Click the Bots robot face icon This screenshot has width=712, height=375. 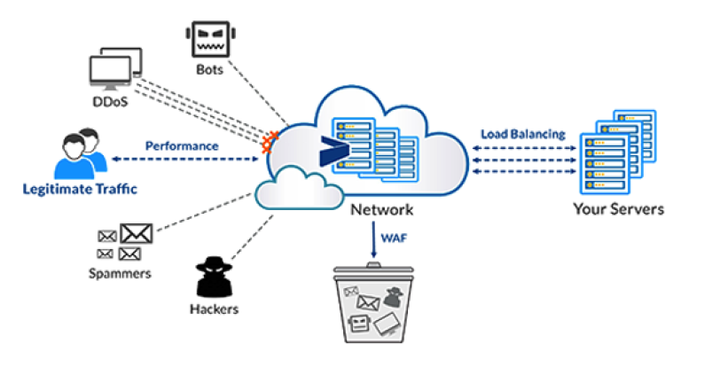pos(211,38)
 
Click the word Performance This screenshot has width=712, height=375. pos(182,145)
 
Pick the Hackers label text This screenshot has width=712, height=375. pos(214,309)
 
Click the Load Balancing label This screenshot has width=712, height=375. pos(522,134)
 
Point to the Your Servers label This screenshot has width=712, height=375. pos(618,209)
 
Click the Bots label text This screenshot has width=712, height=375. pos(211,69)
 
